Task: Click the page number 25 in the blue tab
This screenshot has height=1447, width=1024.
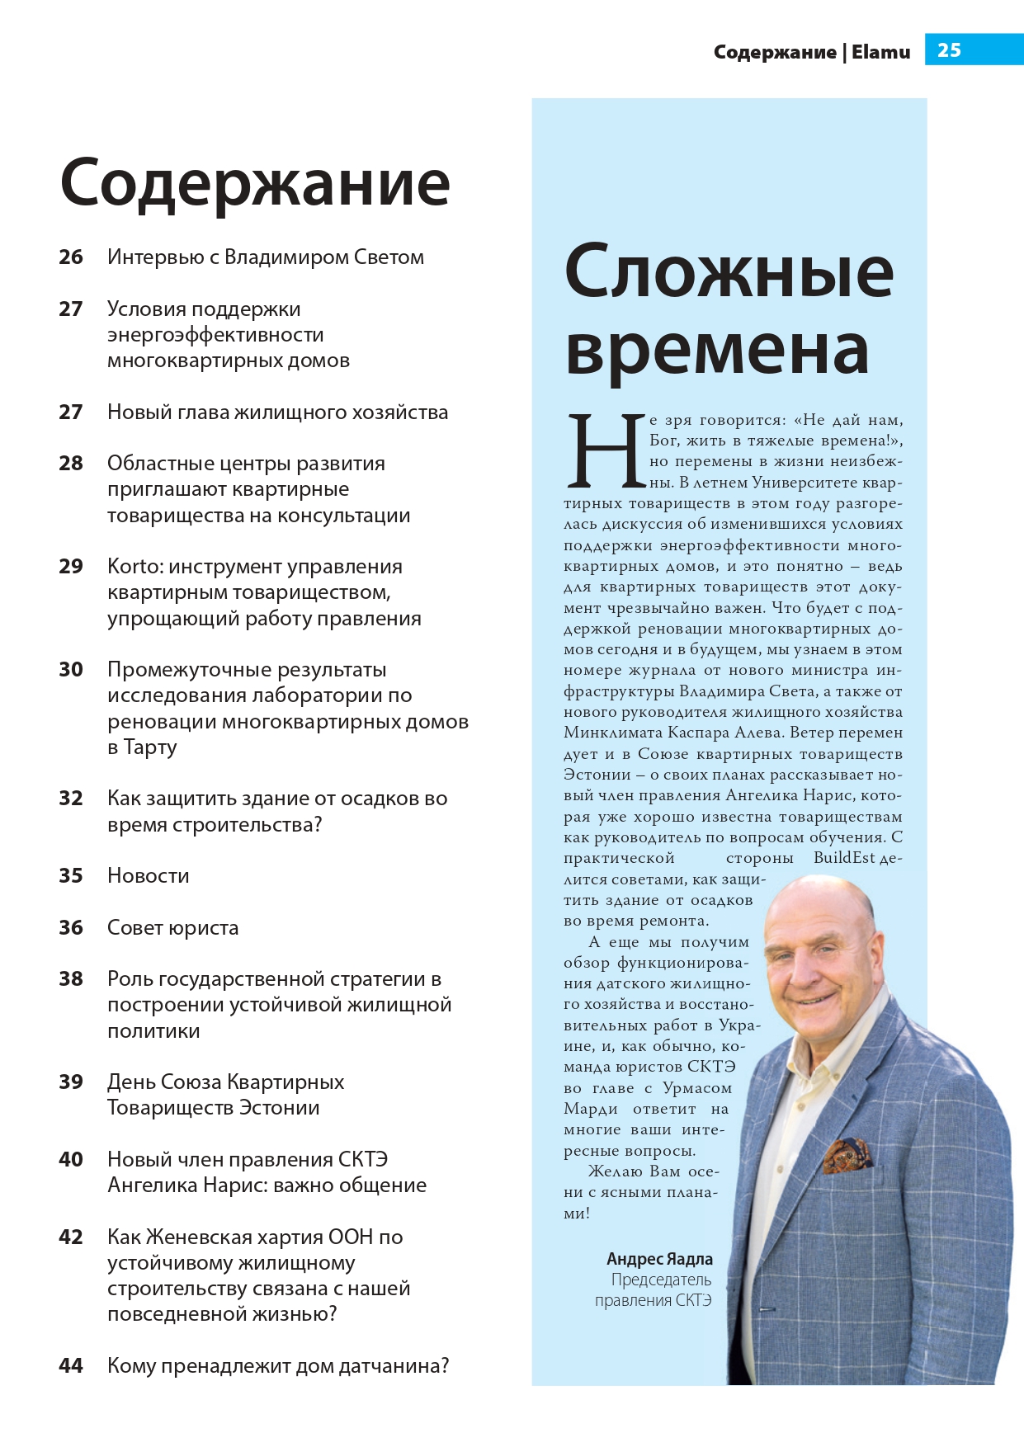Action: (949, 50)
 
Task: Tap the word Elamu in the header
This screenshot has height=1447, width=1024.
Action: (880, 52)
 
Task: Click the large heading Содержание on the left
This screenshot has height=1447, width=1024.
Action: (255, 183)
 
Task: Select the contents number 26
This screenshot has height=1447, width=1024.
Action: (71, 257)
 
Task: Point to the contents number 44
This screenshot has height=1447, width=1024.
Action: (71, 1366)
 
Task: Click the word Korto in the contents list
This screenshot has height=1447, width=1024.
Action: (132, 567)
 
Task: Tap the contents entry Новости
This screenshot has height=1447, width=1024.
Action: (149, 876)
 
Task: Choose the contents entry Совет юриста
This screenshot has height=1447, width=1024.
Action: (172, 928)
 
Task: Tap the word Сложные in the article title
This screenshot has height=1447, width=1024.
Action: (729, 272)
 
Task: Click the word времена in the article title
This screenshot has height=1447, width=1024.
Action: (716, 351)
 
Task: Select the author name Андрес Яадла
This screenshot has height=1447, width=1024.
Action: (659, 1259)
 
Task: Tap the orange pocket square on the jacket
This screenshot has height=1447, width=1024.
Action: (847, 1155)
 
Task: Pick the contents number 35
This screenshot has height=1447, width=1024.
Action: (71, 876)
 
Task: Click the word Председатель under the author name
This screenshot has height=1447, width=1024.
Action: (661, 1280)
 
